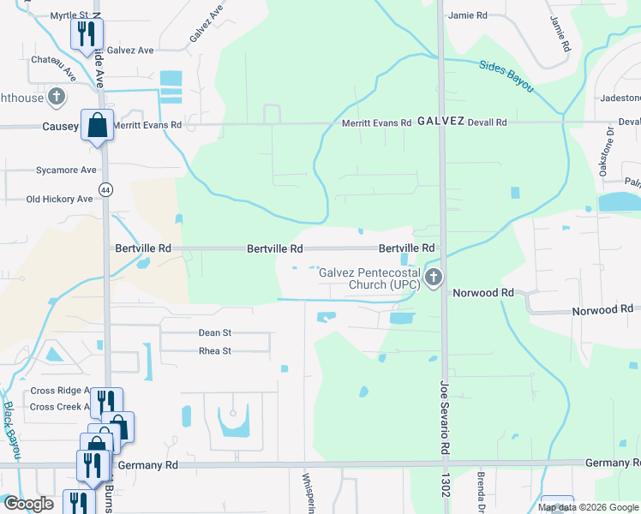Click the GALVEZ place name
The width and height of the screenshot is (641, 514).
(x=441, y=122)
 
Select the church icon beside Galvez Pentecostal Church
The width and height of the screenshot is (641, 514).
(x=434, y=277)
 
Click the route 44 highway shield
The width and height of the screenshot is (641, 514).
(x=105, y=190)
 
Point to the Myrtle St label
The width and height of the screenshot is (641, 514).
(x=69, y=15)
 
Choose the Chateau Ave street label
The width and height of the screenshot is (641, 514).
(x=53, y=66)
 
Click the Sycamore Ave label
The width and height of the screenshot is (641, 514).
(x=66, y=170)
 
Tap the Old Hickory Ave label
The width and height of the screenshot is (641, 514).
(x=59, y=200)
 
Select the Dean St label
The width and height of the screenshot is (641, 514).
(x=215, y=332)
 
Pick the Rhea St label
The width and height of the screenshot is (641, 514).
(x=215, y=351)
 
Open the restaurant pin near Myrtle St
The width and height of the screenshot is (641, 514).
(x=86, y=34)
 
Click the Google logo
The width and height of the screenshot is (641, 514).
(x=27, y=504)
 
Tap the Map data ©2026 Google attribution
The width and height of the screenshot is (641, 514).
(x=587, y=507)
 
